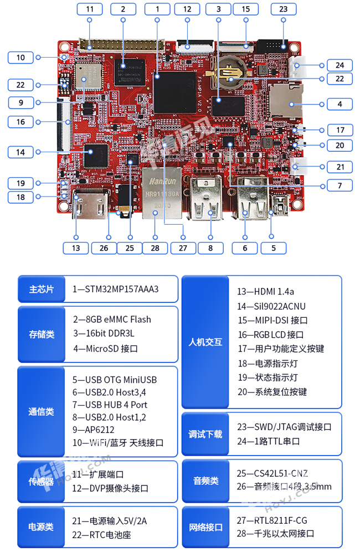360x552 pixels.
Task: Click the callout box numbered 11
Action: tap(90, 9)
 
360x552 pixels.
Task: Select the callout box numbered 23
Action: tap(284, 9)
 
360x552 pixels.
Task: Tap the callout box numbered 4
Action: tap(340, 104)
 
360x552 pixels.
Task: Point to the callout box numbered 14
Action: tap(20, 151)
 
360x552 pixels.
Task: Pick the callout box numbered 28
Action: tap(155, 248)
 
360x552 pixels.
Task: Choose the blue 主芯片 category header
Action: tap(42, 290)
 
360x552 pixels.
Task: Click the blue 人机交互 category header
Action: tap(205, 342)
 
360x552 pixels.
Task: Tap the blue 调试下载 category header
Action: tap(205, 434)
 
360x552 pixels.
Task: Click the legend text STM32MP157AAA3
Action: tap(116, 290)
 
